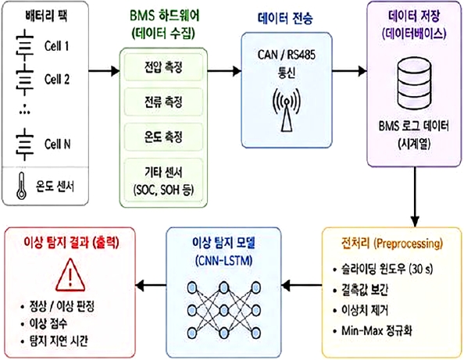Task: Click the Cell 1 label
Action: click(56, 46)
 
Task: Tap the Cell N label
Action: click(57, 144)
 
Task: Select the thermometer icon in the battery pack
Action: click(21, 186)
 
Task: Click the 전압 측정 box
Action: click(163, 67)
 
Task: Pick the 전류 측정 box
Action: click(163, 102)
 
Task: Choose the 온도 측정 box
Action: click(163, 137)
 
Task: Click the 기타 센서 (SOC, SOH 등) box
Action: click(163, 181)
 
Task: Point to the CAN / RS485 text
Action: click(287, 55)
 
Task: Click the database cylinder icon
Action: click(414, 84)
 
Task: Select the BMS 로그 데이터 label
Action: click(413, 126)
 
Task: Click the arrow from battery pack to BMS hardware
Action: click(104, 71)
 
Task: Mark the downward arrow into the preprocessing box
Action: click(415, 197)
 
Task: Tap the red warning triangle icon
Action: click(70, 275)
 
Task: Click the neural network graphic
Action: click(223, 310)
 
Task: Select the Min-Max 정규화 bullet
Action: click(373, 330)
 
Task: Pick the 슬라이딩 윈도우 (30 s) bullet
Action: click(383, 269)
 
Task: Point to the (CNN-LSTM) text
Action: click(223, 261)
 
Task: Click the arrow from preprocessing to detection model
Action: click(302, 286)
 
